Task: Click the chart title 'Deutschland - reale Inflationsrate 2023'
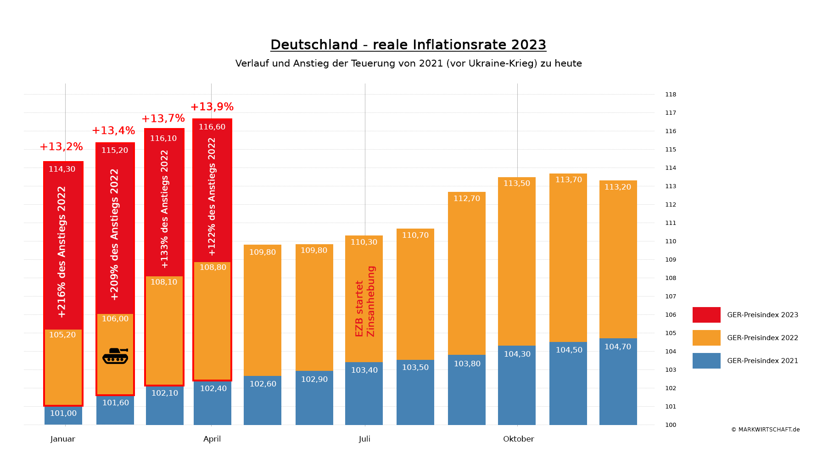[x=408, y=45]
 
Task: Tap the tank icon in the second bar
[x=115, y=356]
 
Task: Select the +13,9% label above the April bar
[x=212, y=107]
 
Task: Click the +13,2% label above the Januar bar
[x=61, y=147]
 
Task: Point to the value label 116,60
[x=212, y=127]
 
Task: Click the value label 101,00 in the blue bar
[x=63, y=414]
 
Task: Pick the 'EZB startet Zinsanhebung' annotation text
[x=365, y=301]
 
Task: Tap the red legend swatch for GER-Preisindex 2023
[x=706, y=315]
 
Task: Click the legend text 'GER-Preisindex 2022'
[x=762, y=338]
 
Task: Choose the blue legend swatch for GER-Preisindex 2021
[x=706, y=361]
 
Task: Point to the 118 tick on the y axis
[x=671, y=95]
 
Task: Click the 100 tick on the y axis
[x=671, y=425]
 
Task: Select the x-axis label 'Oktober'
[x=518, y=439]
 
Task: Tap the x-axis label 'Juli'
[x=364, y=439]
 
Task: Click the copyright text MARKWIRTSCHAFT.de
[x=765, y=430]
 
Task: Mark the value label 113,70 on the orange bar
[x=568, y=180]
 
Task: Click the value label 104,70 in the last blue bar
[x=617, y=347]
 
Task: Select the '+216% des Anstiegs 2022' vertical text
[x=62, y=252]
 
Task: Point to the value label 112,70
[x=466, y=199]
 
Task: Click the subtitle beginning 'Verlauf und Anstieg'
[x=408, y=64]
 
